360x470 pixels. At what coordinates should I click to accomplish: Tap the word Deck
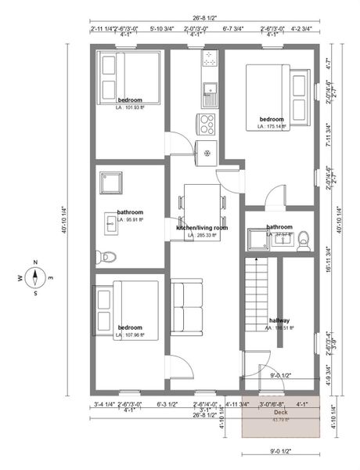(x=280, y=411)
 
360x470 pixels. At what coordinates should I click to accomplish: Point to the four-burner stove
(x=207, y=124)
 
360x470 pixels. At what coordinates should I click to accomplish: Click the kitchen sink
(x=209, y=95)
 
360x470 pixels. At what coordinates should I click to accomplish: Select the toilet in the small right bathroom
(x=305, y=239)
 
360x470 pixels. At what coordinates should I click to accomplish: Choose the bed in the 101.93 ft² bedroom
(x=129, y=78)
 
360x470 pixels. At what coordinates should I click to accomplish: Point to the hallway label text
(x=279, y=320)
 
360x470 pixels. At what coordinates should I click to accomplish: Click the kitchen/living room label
(x=202, y=227)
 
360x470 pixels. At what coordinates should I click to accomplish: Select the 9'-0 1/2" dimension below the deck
(x=280, y=451)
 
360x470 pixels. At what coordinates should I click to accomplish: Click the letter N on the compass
(x=36, y=262)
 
